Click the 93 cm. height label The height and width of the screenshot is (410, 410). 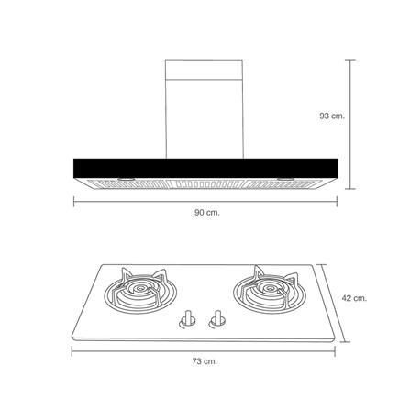(332, 116)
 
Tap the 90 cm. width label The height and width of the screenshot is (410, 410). (207, 213)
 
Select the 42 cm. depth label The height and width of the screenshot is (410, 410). (354, 298)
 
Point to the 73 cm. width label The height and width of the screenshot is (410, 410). (205, 361)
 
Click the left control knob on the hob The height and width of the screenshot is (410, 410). (187, 319)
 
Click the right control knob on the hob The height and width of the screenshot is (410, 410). (217, 319)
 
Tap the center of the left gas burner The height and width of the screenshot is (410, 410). (140, 288)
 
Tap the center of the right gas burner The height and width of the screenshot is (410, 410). (270, 288)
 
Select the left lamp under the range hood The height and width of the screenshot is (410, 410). (126, 180)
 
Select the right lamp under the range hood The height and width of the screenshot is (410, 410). (286, 180)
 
